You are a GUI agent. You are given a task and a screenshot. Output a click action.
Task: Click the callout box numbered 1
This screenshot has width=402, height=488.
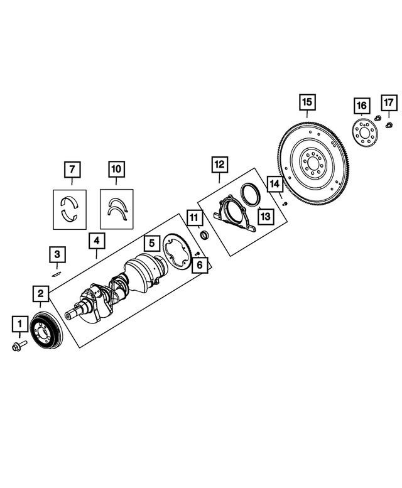tap(19, 325)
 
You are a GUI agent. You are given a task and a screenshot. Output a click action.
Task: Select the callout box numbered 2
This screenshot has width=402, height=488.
tap(40, 293)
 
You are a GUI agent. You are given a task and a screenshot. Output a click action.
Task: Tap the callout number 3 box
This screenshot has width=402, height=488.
tap(57, 254)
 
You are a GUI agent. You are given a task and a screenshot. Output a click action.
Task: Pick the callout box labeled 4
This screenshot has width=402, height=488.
tap(96, 241)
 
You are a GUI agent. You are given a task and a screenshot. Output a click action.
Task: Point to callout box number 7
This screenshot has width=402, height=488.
tap(72, 169)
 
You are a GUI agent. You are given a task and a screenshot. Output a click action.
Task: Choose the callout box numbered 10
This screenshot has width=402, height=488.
tap(116, 169)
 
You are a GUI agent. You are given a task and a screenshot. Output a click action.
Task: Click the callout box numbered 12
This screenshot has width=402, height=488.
tap(219, 165)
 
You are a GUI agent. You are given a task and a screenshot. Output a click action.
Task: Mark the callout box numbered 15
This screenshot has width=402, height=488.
tap(307, 102)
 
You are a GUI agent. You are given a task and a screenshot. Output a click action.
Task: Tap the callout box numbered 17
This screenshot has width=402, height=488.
tap(388, 102)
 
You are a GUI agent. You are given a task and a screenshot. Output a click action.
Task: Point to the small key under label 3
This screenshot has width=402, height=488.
tap(55, 273)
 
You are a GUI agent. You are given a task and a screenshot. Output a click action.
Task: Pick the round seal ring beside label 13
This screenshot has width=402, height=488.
tap(249, 193)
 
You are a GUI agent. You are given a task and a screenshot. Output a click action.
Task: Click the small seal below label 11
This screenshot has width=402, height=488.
tap(204, 235)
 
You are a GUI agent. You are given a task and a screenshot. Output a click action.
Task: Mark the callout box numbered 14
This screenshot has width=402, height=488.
tap(274, 185)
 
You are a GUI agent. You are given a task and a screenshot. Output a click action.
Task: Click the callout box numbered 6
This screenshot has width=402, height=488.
tap(200, 266)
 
